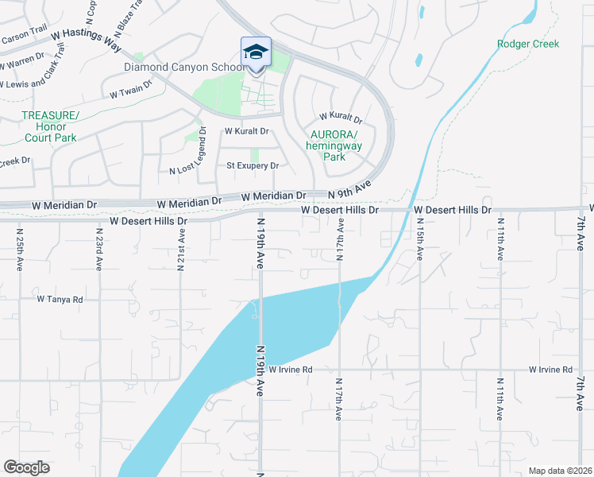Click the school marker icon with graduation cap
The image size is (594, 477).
256,52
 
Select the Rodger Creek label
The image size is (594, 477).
528,44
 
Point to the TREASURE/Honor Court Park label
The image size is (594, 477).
49,126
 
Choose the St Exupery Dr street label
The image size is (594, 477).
253,165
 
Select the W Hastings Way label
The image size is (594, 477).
81,36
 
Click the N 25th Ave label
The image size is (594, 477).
20,250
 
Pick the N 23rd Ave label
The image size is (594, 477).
99,250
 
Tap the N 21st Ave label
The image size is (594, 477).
181,250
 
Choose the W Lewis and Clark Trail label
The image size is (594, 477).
32,83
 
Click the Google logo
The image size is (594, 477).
26,467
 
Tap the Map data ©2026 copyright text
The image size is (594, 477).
559,471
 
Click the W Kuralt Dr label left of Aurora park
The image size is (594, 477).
247,131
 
